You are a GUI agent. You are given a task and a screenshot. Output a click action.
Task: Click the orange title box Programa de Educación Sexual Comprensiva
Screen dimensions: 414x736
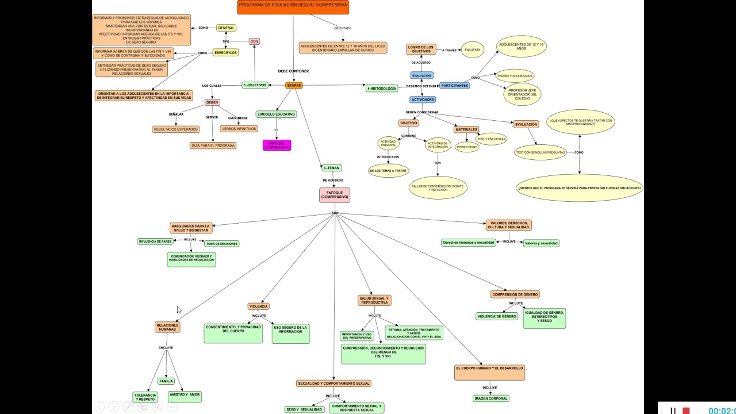293,7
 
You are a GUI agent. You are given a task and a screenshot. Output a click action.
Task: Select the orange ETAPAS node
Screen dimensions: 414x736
294,85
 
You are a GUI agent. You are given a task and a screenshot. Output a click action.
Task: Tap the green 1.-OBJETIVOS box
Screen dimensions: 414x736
255,85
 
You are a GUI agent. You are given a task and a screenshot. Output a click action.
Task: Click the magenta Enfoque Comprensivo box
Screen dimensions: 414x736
277,145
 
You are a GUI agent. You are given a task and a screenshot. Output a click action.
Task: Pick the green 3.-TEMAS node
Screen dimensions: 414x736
332,168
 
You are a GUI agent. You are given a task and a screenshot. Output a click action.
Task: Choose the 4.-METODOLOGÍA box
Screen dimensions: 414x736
382,89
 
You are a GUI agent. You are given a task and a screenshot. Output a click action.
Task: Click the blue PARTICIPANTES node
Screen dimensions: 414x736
454,86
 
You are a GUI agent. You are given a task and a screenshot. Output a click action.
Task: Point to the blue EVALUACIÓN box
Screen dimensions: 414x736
421,75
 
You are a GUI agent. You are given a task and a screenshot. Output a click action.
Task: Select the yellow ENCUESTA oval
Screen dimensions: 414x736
472,50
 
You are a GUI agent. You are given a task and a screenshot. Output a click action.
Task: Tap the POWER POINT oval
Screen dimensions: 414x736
467,147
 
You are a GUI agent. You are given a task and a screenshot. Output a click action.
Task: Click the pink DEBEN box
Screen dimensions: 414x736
212,102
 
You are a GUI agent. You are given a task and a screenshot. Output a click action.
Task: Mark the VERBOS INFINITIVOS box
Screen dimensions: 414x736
239,129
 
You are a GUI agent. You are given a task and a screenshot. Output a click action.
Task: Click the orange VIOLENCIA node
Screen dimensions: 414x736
258,306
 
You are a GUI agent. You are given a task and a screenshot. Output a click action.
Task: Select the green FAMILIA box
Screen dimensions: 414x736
166,381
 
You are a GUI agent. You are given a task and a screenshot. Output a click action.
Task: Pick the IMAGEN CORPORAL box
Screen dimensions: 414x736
491,398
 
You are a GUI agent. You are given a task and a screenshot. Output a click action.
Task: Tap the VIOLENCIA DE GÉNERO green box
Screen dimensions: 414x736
497,316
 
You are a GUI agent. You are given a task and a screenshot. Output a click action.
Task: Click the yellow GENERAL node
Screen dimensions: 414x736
226,28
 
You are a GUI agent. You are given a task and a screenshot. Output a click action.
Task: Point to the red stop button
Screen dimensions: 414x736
686,411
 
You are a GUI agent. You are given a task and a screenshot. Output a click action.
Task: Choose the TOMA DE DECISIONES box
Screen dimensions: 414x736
222,244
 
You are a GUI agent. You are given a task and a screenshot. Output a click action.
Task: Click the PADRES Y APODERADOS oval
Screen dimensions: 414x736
515,75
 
